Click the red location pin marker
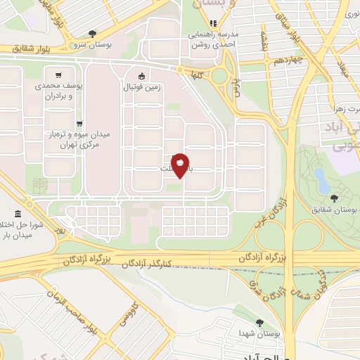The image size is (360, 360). pyautogui.click(x=181, y=165)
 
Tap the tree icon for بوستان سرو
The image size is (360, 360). pyautogui.click(x=93, y=33)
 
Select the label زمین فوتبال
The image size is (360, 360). pyautogui.click(x=143, y=88)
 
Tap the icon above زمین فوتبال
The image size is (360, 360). pyautogui.click(x=143, y=76)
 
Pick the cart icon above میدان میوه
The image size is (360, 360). pyautogui.click(x=78, y=122)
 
